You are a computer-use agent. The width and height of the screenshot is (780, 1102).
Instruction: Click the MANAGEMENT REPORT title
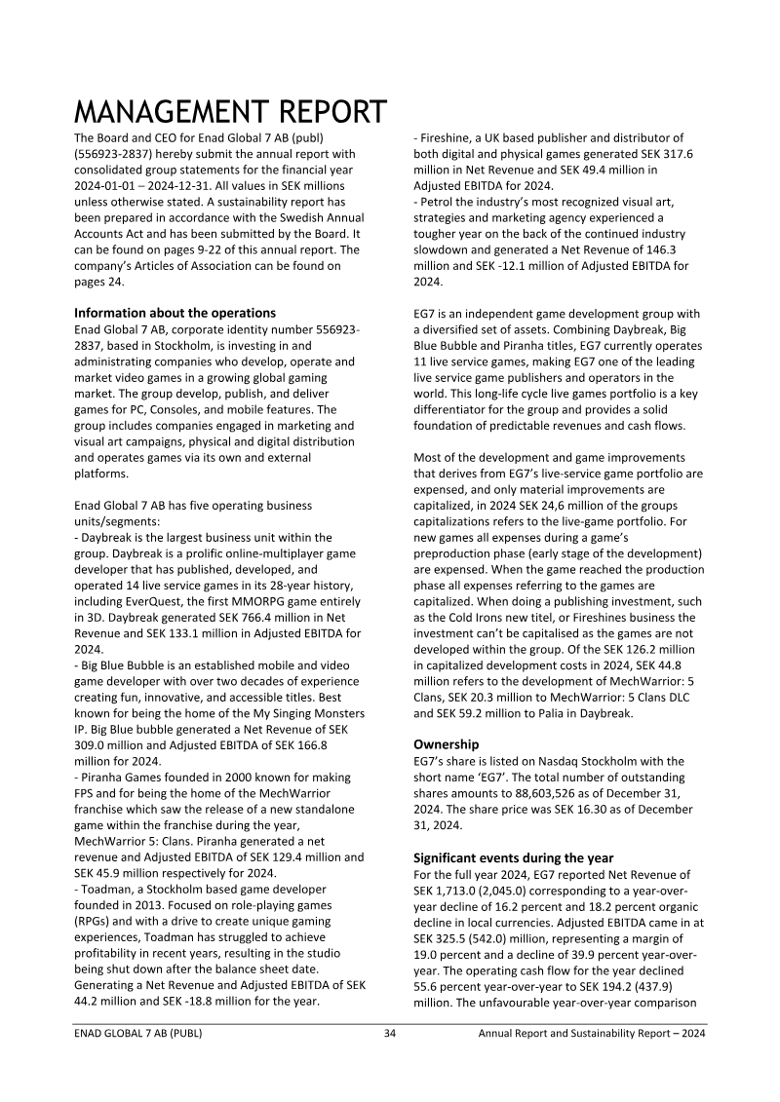[x=230, y=114]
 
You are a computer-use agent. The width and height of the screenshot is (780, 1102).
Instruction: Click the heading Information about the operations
[x=175, y=313]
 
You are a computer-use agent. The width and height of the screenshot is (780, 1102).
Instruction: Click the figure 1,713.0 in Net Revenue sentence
[x=460, y=893]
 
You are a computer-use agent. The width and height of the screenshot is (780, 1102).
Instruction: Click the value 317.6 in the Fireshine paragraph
[x=672, y=154]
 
